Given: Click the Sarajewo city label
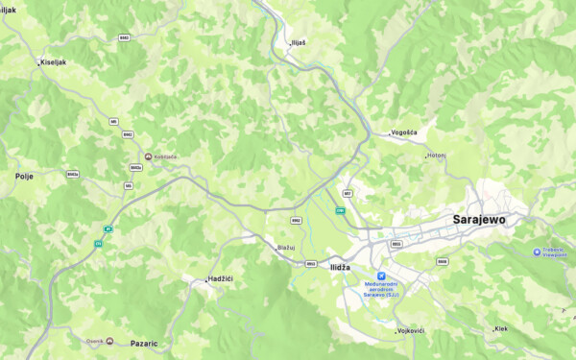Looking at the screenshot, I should click(478, 220).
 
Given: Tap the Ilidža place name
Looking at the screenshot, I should click(340, 267).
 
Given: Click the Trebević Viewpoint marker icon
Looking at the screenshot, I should click(538, 252).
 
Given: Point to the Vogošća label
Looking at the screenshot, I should click(404, 132).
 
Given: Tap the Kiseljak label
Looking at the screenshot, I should click(54, 62).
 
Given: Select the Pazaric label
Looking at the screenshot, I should click(144, 343).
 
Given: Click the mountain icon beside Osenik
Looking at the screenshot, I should click(109, 341).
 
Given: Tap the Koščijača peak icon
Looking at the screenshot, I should click(147, 156).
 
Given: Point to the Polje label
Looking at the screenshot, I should click(24, 177).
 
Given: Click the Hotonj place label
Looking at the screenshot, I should click(437, 155).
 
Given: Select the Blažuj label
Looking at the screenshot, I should click(285, 248).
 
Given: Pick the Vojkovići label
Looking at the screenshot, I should click(410, 331).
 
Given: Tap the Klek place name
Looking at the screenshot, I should click(500, 328).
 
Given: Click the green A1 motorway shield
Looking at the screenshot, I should click(108, 228).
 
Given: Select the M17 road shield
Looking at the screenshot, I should click(347, 193).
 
